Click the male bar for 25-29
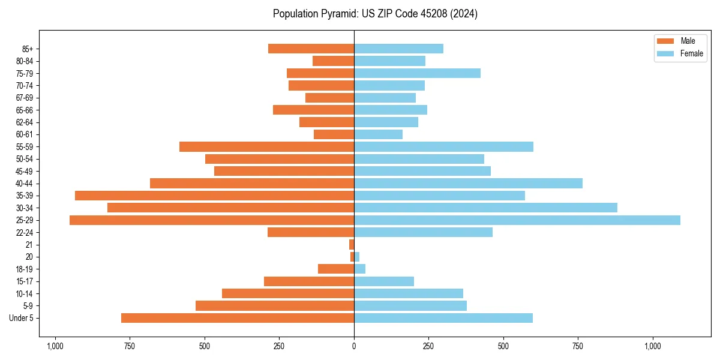(x=212, y=220)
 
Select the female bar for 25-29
(x=517, y=220)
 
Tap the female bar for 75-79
(x=417, y=73)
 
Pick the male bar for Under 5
(x=238, y=318)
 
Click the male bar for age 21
(x=352, y=245)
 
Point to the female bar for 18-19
(x=360, y=269)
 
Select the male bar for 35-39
(x=214, y=196)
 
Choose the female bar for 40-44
(x=468, y=183)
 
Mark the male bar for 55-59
(x=266, y=146)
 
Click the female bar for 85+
(x=398, y=49)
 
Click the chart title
(x=375, y=14)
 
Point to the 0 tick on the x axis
(x=354, y=346)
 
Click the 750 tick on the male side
(x=130, y=346)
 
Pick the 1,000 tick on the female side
(x=652, y=346)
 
